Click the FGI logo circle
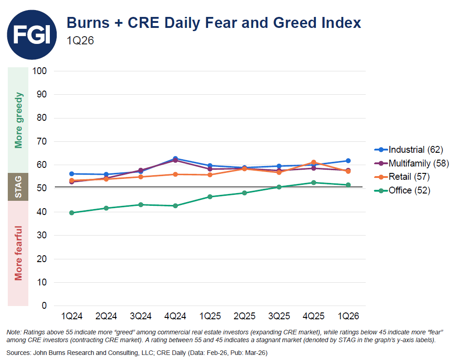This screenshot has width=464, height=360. (32, 35)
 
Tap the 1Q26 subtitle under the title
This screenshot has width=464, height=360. (80, 41)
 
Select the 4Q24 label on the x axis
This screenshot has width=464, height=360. (175, 317)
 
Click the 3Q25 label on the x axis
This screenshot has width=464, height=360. (279, 317)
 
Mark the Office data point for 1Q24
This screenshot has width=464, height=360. (72, 213)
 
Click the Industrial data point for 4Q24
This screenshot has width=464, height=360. (176, 159)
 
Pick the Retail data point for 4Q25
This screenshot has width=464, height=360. (314, 162)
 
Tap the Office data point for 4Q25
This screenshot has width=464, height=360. (314, 183)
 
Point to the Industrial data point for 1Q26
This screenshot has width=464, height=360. (348, 161)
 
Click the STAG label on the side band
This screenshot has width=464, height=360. (18, 187)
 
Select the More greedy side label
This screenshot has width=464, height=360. (18, 120)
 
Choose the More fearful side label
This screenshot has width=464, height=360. (18, 253)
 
